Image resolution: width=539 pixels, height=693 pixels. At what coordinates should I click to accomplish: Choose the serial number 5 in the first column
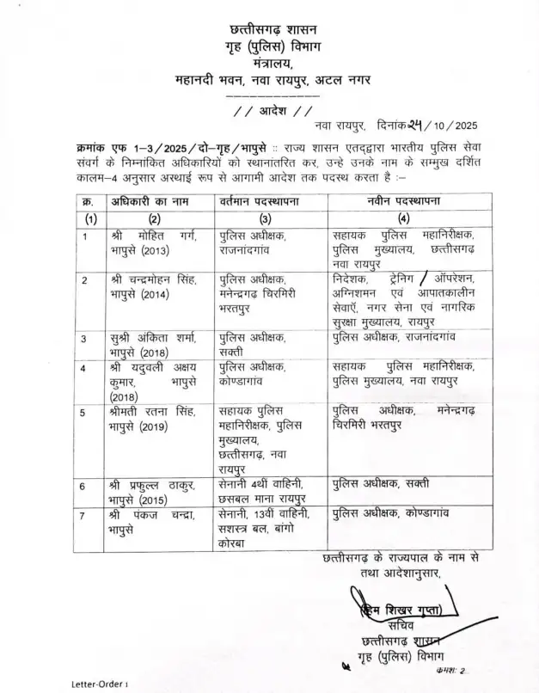click(x=85, y=410)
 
